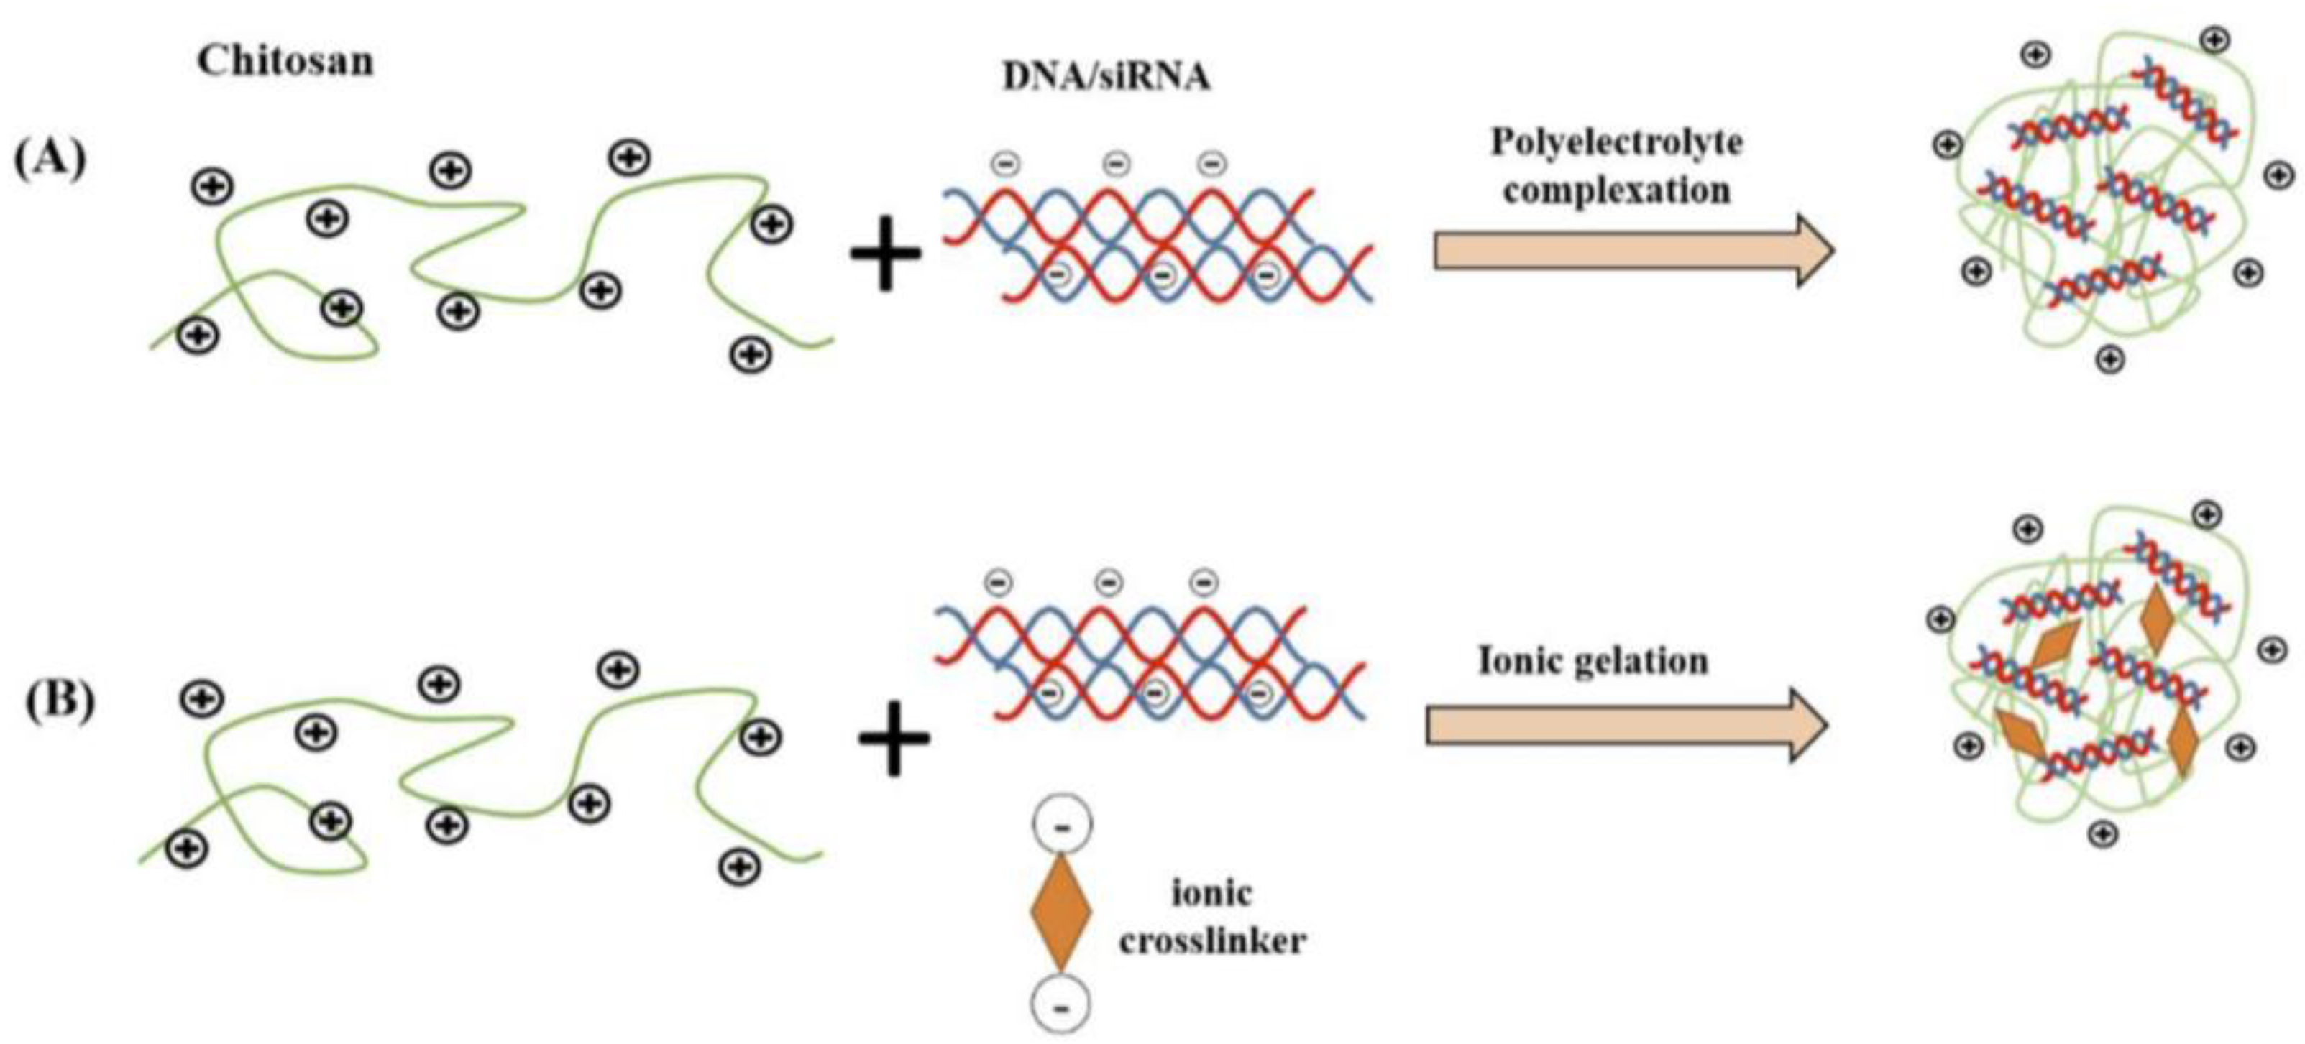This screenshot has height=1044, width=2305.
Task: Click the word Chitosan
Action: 285,62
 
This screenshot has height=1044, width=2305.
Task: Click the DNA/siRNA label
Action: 1106,78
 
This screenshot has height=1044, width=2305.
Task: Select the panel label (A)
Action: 50,160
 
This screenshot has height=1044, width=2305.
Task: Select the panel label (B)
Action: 59,701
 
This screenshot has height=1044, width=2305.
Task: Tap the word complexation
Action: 1616,190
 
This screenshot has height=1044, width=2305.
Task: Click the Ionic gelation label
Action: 1593,662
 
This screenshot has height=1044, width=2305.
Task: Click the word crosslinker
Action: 1211,941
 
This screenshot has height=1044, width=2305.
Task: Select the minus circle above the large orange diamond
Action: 1062,826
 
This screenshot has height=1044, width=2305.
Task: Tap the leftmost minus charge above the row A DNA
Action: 1004,165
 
